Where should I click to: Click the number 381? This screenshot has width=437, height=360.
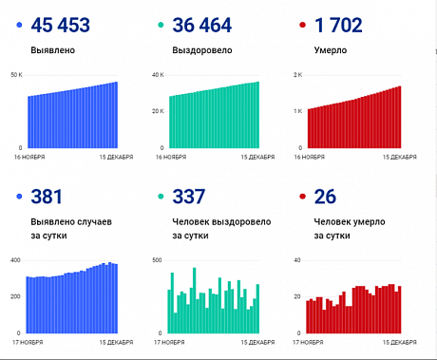[x=47, y=198]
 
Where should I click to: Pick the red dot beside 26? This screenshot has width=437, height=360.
[x=303, y=198]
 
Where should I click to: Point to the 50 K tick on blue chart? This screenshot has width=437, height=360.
[x=15, y=74]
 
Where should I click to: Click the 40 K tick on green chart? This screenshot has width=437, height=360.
[x=158, y=74]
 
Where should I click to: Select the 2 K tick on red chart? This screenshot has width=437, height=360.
[x=296, y=74]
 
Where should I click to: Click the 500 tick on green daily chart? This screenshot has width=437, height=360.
[x=158, y=259]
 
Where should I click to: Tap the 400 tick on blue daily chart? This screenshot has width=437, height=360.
[x=15, y=259]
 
